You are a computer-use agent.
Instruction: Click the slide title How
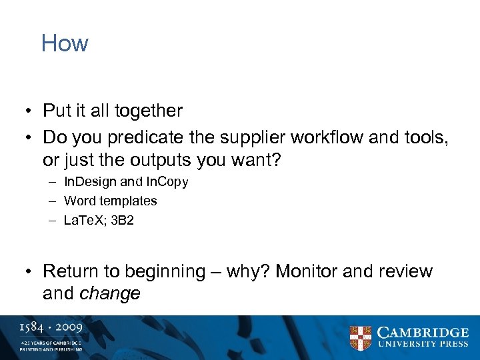coord(65,43)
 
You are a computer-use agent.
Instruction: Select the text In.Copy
coord(167,182)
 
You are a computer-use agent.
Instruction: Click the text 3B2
coord(123,220)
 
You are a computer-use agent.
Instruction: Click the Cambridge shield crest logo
coord(361,337)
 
